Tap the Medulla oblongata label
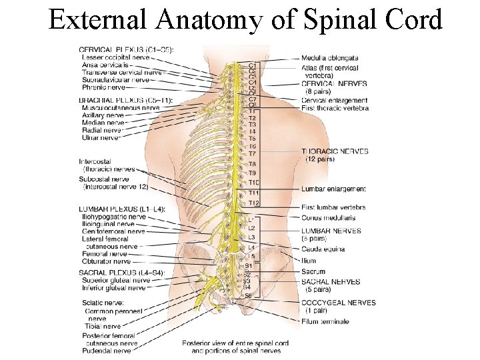pyautogui.click(x=331, y=59)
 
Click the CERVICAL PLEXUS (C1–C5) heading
pyautogui.click(x=127, y=50)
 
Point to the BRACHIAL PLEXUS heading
pyautogui.click(x=126, y=101)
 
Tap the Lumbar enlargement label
pyautogui.click(x=333, y=189)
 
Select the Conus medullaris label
pyautogui.click(x=328, y=217)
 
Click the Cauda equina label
pyautogui.click(x=323, y=249)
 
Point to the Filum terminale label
pyautogui.click(x=325, y=321)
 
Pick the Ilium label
pyautogui.click(x=309, y=261)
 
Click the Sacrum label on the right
pyautogui.click(x=313, y=271)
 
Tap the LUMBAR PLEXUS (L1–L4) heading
pyautogui.click(x=122, y=209)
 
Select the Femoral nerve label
pyautogui.click(x=103, y=254)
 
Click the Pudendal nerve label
pyautogui.click(x=107, y=351)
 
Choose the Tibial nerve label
pyautogui.click(x=102, y=327)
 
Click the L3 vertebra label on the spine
pyautogui.click(x=251, y=237)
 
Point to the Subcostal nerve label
pyautogui.click(x=103, y=179)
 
